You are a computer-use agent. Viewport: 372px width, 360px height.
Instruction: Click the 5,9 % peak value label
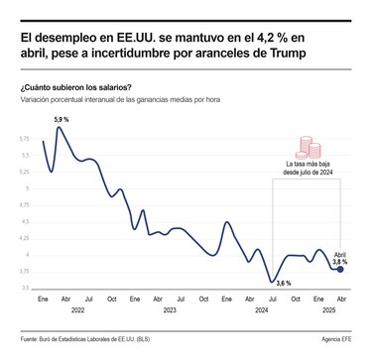point(60,119)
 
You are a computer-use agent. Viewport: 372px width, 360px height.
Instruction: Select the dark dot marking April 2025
point(340,269)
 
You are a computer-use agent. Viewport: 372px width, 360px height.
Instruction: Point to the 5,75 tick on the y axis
point(26,140)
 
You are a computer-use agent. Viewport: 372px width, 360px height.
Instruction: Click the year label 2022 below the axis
point(76,310)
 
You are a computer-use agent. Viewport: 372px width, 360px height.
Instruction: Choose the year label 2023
point(170,310)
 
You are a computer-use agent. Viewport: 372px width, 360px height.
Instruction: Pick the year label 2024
point(261,310)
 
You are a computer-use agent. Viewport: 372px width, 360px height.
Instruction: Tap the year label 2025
point(328,310)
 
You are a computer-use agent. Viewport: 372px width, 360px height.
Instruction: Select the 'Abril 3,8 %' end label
point(340,257)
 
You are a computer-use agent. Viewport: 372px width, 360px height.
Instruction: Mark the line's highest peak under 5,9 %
point(60,128)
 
